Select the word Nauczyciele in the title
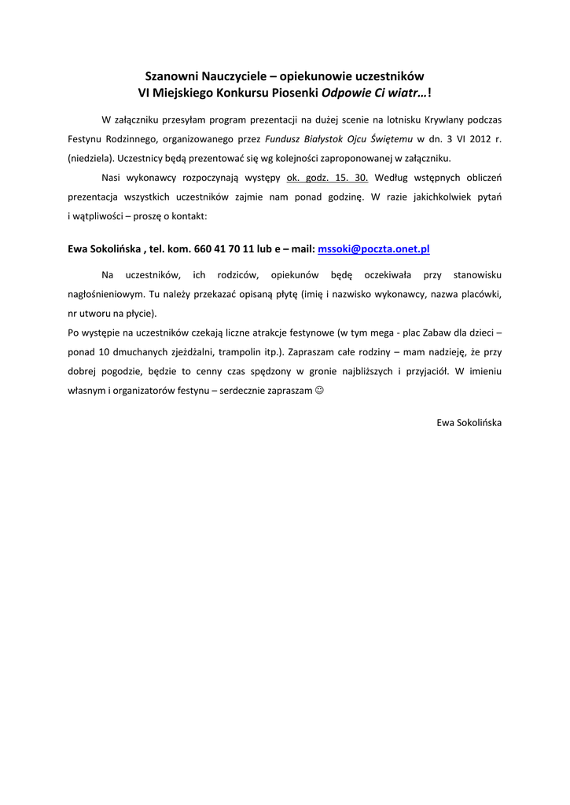233,76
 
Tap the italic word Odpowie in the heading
344,92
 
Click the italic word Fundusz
284,138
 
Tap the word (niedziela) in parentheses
91,157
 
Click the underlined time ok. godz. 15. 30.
328,176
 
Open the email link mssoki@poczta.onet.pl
373,248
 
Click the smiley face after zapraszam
318,390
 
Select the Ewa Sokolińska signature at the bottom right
469,422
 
